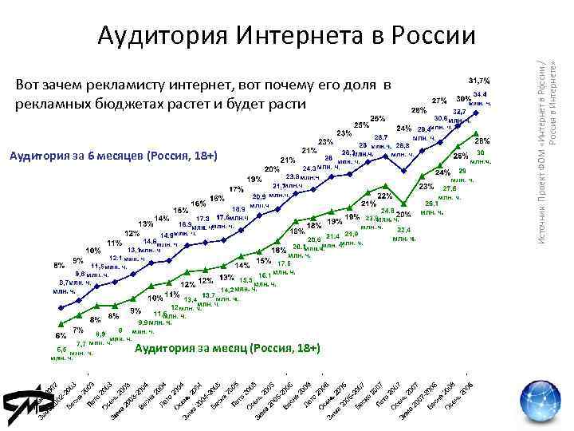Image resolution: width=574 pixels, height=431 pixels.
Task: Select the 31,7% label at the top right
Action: coord(478,81)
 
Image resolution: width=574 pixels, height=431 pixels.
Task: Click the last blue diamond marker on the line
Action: coord(477,113)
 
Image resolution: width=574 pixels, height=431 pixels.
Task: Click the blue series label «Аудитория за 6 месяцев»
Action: coord(112,155)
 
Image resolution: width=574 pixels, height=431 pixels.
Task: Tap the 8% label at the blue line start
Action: coord(59,265)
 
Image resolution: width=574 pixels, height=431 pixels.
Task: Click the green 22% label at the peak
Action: coord(384,196)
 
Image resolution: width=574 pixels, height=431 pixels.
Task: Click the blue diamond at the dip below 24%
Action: coord(406,172)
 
